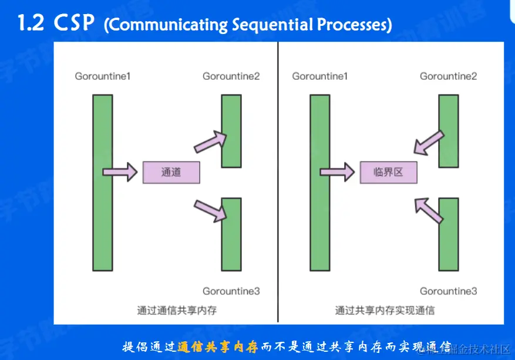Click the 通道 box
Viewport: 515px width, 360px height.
pos(171,173)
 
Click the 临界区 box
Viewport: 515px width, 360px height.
pos(388,173)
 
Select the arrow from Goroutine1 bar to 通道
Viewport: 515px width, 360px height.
pos(120,172)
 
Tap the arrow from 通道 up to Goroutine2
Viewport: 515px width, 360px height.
pos(210,141)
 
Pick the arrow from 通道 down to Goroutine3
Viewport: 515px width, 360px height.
pos(210,210)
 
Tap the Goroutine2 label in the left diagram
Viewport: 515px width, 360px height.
pos(231,76)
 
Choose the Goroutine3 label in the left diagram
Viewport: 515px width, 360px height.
pos(231,291)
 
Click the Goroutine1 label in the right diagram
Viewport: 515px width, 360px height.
pos(319,76)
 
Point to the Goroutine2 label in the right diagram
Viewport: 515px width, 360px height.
pos(448,76)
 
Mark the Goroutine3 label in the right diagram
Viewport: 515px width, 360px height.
pos(448,291)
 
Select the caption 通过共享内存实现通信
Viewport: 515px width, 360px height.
pos(385,310)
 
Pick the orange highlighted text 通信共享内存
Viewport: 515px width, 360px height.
pos(217,346)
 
